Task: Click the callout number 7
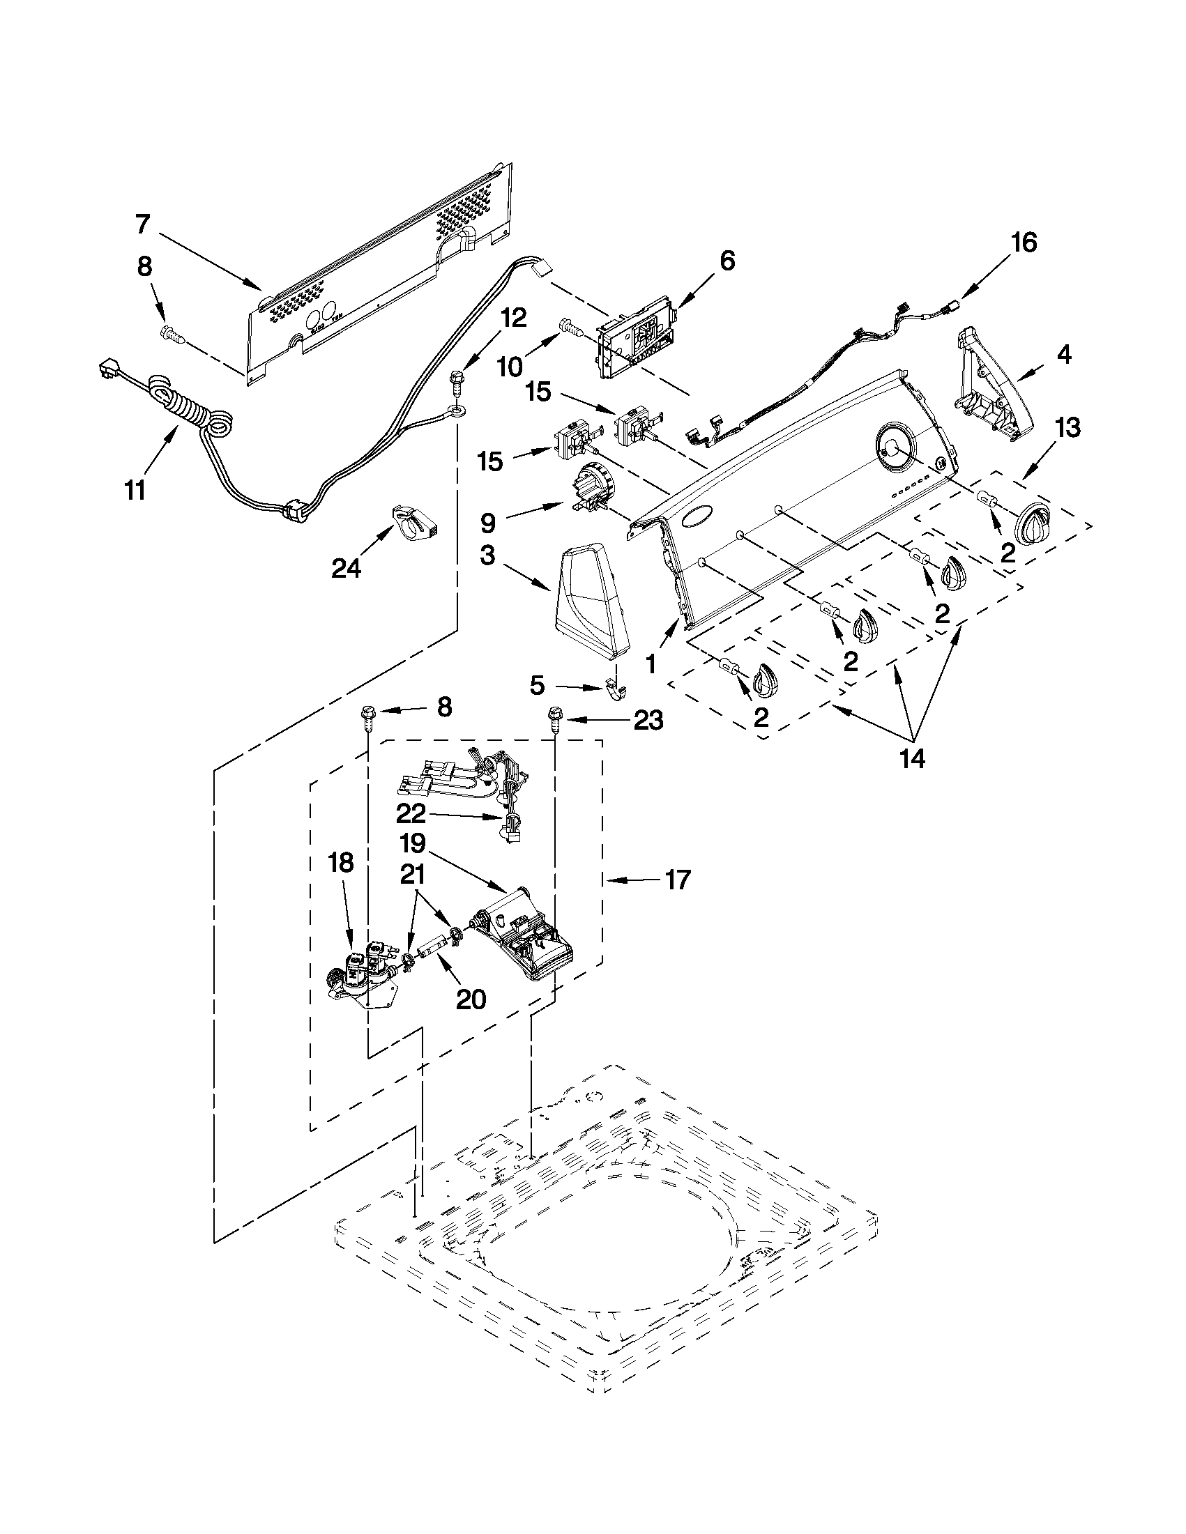[x=143, y=224]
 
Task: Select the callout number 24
[x=346, y=567]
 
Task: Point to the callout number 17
[x=677, y=880]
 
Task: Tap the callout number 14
[x=913, y=758]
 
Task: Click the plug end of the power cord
[x=107, y=369]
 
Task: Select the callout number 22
[x=411, y=813]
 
